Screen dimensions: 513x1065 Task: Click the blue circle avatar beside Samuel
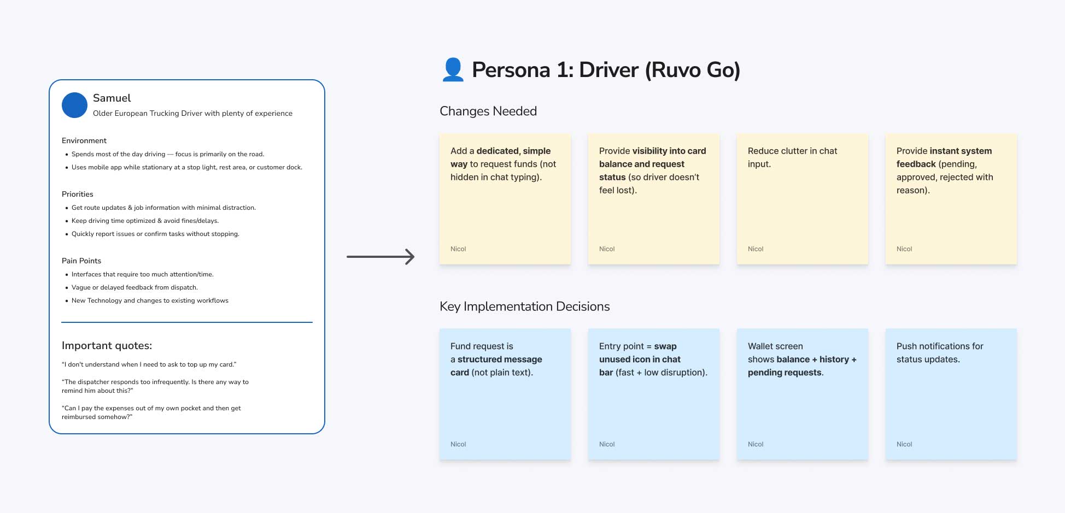click(74, 105)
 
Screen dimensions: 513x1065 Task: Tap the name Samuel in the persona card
click(112, 98)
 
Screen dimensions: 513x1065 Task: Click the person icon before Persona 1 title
click(453, 70)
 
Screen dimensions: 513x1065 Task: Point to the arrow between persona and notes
click(381, 256)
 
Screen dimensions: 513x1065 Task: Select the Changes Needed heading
click(488, 111)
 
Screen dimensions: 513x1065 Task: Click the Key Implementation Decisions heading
click(524, 306)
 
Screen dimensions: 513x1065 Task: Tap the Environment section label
click(84, 141)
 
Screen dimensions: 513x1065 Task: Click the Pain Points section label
click(81, 261)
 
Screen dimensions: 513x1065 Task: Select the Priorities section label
click(78, 194)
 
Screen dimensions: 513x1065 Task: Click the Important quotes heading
click(107, 346)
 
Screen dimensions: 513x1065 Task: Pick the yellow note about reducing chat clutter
click(802, 199)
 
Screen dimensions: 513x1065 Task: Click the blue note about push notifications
click(951, 394)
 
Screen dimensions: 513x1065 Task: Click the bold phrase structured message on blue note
click(499, 359)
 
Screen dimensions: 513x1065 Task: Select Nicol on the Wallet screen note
click(756, 444)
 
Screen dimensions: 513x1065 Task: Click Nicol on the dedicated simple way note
click(458, 249)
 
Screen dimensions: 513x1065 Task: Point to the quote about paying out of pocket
click(151, 412)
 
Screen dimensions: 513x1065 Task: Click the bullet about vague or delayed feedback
click(134, 287)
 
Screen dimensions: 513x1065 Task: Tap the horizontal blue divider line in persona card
click(186, 322)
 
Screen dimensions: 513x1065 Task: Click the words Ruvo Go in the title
click(693, 70)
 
